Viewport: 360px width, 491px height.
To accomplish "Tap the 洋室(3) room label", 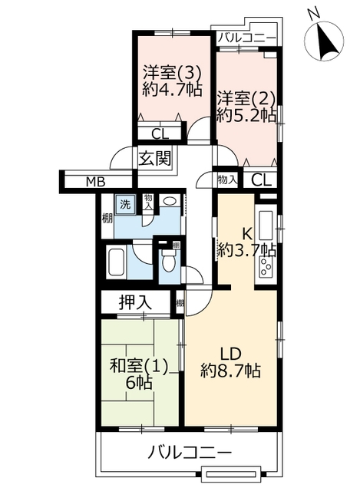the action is [172, 73].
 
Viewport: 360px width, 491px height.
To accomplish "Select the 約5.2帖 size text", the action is [246, 115].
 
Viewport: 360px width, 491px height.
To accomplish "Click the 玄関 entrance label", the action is [155, 158].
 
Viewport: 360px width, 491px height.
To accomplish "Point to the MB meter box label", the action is [95, 182].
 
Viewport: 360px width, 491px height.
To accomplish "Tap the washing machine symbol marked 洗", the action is [125, 205].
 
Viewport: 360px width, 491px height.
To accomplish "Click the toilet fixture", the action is [169, 262].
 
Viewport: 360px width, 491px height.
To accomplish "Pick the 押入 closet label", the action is [135, 302].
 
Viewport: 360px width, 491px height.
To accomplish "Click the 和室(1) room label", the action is [139, 366].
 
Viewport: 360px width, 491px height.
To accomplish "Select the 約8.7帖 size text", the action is [230, 371].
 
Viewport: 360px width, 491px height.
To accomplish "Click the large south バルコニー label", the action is [190, 452].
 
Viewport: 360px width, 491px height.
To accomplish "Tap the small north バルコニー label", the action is [247, 38].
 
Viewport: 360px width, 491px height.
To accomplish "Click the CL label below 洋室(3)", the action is [160, 134].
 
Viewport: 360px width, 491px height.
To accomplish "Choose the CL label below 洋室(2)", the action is [261, 180].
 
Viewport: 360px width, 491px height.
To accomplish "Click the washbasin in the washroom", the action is [170, 201].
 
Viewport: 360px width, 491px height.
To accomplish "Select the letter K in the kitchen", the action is [247, 233].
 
